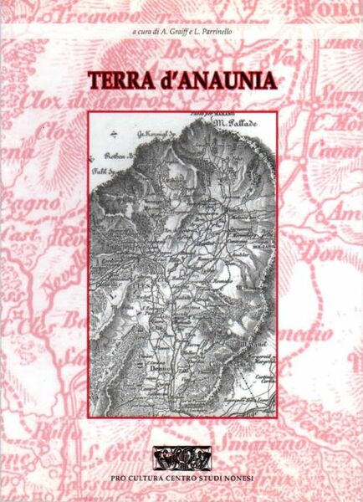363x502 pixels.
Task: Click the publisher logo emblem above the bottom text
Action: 181,458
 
